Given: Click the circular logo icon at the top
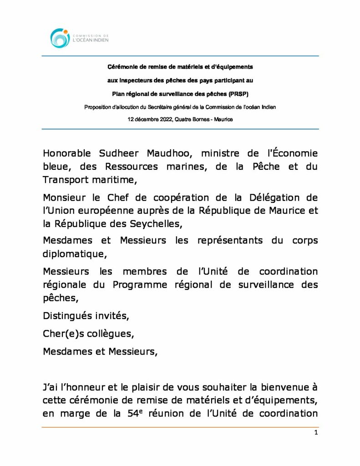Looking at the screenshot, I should click(x=60, y=38).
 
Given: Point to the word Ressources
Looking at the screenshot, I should click(x=132, y=167).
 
